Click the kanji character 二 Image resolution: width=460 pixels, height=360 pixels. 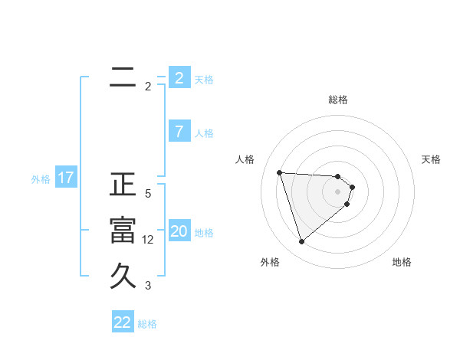[x=123, y=77]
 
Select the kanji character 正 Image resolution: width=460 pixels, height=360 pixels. [x=123, y=185]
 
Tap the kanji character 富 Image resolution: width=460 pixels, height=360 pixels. [x=123, y=231]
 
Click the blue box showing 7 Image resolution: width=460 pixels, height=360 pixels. [x=179, y=132]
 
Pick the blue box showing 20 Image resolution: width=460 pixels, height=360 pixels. [x=179, y=231]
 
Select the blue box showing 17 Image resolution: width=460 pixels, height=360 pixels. [x=66, y=178]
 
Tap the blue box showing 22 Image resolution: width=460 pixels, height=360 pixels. [x=123, y=322]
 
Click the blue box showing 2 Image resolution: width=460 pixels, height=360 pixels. [x=179, y=77]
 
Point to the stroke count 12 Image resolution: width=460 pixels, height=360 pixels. [x=148, y=240]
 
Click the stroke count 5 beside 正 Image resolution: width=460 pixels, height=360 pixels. [x=148, y=194]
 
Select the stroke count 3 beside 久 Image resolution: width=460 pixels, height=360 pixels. [x=148, y=286]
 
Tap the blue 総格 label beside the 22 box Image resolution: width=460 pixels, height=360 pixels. [x=147, y=324]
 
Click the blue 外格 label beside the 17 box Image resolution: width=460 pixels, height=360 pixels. [x=41, y=180]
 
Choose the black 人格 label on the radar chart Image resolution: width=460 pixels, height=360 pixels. [x=245, y=159]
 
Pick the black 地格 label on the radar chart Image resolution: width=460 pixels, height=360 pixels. [x=402, y=262]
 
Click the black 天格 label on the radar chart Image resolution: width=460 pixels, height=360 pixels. [x=431, y=159]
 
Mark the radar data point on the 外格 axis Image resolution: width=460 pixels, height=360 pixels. [x=301, y=242]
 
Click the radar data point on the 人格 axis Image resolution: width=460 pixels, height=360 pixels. [x=280, y=172]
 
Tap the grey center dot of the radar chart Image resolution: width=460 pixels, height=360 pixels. [x=338, y=201]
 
